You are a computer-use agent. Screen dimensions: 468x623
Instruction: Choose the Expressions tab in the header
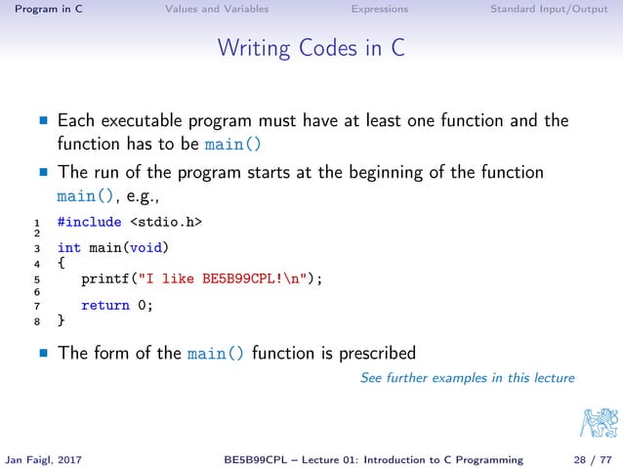380,10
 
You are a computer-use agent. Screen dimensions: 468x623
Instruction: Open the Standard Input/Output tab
548,10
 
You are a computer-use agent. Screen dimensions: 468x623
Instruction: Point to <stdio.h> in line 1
166,222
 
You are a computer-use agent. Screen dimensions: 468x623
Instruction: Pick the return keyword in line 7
104,305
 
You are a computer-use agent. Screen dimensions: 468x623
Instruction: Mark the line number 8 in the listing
36,320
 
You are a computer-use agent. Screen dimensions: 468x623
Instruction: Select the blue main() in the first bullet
233,146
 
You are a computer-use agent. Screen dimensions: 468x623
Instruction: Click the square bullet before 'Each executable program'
43,123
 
